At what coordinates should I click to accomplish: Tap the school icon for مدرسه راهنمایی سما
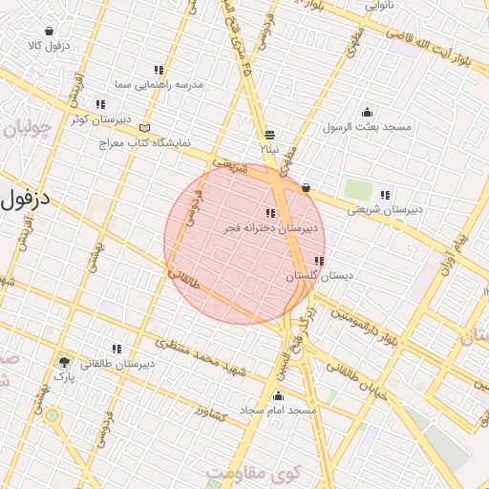(159, 71)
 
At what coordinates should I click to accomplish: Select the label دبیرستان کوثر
(98, 119)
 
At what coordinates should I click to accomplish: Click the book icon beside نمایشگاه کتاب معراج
(145, 127)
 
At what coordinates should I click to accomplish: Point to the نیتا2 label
(270, 150)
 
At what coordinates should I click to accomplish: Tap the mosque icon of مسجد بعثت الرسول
(367, 113)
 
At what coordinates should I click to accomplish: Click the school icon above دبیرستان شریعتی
(385, 195)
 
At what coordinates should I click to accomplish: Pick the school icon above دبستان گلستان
(319, 261)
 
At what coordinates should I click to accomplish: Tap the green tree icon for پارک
(64, 362)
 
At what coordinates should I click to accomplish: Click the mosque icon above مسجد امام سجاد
(278, 395)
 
